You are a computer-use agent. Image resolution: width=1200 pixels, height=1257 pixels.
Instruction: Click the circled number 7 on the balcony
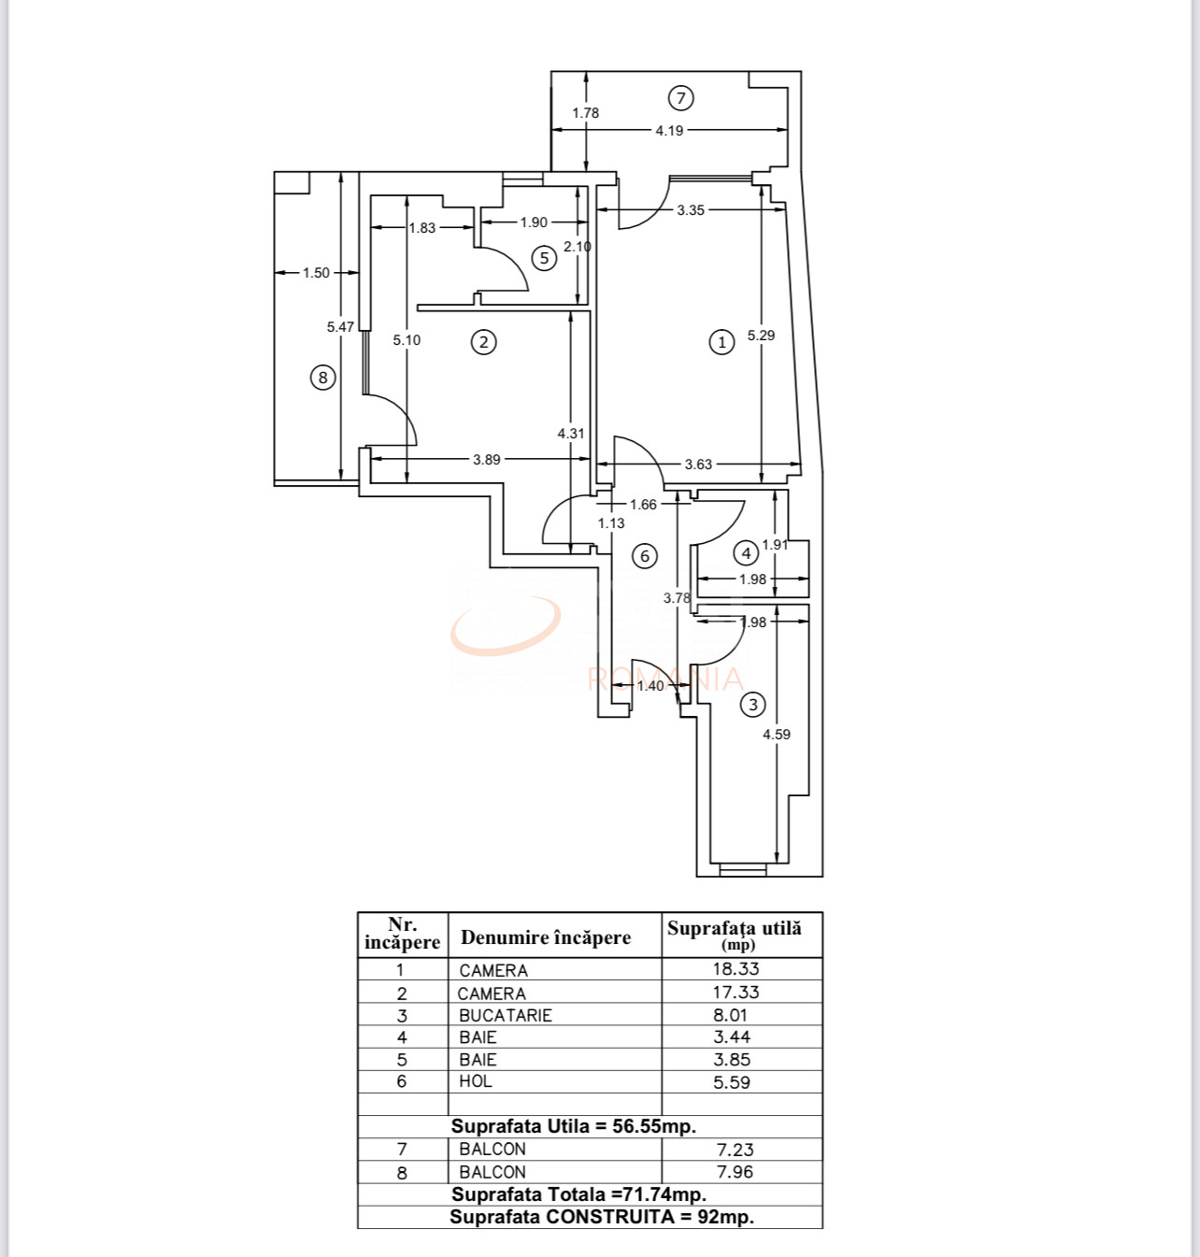click(x=681, y=97)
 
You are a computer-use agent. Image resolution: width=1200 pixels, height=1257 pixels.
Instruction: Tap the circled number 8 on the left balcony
click(x=322, y=378)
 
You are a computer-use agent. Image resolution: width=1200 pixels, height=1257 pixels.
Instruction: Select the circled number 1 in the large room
click(x=721, y=342)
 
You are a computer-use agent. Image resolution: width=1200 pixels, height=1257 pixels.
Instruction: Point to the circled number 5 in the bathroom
click(x=544, y=258)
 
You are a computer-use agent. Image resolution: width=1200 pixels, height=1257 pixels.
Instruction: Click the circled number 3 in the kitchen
click(x=752, y=705)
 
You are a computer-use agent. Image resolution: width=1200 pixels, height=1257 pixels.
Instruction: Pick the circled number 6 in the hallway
click(x=644, y=556)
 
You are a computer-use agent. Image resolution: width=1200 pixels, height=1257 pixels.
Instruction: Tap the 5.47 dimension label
click(x=340, y=327)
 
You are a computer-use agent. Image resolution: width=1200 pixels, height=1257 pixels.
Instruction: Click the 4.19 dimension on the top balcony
click(x=669, y=131)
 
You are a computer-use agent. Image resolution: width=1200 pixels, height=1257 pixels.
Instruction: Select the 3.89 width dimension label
click(x=486, y=460)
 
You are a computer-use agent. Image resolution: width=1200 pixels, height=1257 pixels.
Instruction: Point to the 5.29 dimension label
click(x=761, y=336)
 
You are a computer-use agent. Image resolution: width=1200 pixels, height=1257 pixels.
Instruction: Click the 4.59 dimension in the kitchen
click(x=776, y=735)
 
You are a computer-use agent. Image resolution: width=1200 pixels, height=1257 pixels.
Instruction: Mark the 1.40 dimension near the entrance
click(x=650, y=686)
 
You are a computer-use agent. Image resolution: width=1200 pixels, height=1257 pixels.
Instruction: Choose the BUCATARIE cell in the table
click(x=506, y=1016)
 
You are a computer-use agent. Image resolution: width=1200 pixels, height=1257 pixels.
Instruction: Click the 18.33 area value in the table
click(x=736, y=970)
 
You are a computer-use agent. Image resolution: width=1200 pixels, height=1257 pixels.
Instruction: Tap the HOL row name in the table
click(x=475, y=1082)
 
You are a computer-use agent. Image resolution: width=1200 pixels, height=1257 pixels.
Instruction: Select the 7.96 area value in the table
click(x=735, y=1172)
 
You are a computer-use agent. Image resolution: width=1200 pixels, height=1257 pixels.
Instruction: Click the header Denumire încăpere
click(x=546, y=937)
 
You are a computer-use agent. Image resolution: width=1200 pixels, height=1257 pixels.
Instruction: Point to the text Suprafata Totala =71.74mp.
click(x=579, y=1194)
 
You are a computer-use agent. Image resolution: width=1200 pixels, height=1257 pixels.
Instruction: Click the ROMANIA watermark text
click(x=666, y=678)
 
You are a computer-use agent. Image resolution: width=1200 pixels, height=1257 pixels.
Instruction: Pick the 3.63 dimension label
click(x=698, y=464)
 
